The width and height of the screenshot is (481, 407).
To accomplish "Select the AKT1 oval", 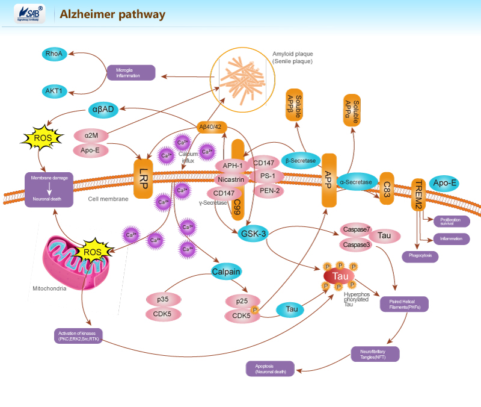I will point(54,92).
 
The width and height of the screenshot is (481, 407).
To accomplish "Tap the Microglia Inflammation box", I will point(131,73).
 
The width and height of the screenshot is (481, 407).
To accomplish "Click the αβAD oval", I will point(103,109).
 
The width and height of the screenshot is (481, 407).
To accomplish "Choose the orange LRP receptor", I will point(143,179).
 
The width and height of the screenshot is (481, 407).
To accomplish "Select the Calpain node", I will point(226,272).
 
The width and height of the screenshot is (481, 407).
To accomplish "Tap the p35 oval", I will point(162,299).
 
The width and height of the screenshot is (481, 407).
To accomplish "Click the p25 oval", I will point(241,300).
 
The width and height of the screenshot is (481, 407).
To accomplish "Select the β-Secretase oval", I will point(301,161).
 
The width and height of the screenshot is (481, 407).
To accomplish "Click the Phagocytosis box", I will point(420,256).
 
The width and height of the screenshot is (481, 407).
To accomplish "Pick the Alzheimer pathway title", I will point(112,14).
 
